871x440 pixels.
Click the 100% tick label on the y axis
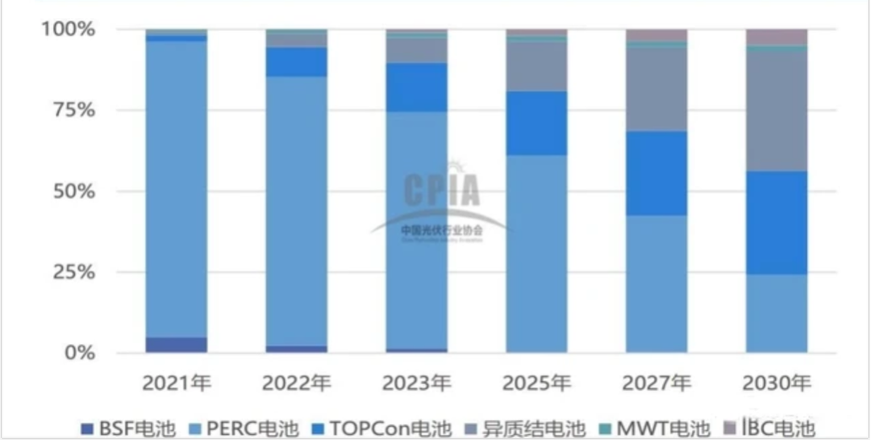point(69,29)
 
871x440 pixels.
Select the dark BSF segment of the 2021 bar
point(176,345)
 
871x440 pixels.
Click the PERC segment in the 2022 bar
point(296,210)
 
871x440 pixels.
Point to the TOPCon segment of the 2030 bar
point(777,222)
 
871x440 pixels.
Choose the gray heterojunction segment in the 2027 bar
point(656,89)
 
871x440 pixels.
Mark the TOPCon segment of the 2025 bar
point(536,123)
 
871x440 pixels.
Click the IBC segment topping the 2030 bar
point(777,36)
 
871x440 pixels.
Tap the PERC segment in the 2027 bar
point(656,283)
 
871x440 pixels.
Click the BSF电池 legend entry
point(128,427)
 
